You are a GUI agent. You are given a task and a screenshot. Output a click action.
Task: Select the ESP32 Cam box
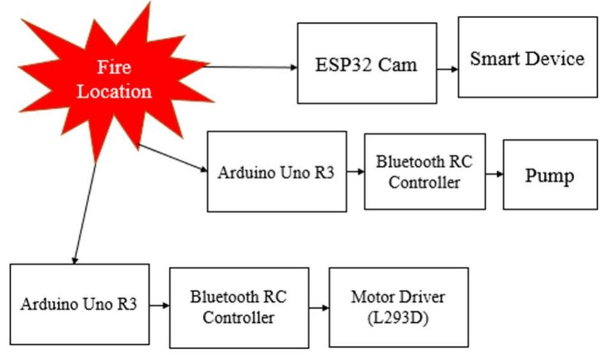(x=366, y=63)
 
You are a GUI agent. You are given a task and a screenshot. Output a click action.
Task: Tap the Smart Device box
(x=527, y=57)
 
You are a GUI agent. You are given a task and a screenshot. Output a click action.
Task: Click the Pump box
(x=549, y=174)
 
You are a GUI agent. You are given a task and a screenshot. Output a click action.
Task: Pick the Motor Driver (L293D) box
(x=398, y=307)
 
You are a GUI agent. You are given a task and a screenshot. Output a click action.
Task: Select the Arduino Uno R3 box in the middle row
(x=276, y=171)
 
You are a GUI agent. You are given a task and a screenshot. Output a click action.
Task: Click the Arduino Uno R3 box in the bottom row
(x=79, y=304)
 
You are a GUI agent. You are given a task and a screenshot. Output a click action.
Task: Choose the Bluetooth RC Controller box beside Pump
(x=424, y=171)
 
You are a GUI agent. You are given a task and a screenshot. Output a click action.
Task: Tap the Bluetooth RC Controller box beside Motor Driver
(x=239, y=307)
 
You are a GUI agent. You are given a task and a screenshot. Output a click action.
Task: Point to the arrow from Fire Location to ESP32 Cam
(x=250, y=67)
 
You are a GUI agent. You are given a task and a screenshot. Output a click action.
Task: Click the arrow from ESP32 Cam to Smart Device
(x=447, y=68)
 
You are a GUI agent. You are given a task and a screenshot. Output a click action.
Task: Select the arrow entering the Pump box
(x=494, y=173)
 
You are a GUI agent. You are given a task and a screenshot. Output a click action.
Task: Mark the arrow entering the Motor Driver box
(x=318, y=307)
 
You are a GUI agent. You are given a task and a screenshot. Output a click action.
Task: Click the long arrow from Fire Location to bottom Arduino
(x=85, y=212)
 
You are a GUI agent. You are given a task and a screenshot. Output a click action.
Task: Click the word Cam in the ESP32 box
(x=395, y=64)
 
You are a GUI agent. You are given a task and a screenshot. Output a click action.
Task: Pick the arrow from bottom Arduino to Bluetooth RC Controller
(x=159, y=305)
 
